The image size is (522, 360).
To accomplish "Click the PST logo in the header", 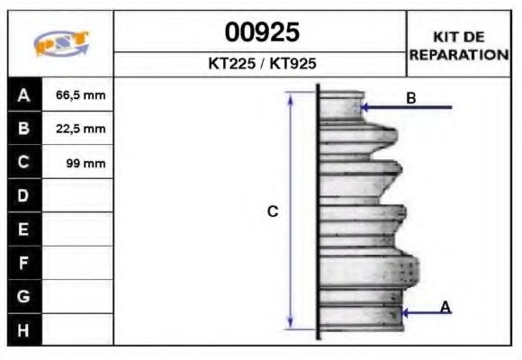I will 61,43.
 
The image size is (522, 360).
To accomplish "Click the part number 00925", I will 261,33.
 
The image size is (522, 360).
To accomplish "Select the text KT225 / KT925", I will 261,64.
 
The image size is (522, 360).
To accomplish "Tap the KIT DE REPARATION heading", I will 459,45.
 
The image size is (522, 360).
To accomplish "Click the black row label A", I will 24,94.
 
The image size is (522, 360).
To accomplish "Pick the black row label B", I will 24,129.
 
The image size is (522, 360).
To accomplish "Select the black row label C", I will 24,162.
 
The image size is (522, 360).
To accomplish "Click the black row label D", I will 24,195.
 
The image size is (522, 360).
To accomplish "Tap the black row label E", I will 24,229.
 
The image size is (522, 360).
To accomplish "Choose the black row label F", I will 24,263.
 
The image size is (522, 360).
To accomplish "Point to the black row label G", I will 24,296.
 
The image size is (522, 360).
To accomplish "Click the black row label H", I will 24,329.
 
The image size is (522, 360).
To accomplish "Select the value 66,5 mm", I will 81,94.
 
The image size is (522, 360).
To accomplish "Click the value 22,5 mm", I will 81,129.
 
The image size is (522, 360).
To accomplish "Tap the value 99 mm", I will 86,163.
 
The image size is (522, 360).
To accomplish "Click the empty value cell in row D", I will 78,195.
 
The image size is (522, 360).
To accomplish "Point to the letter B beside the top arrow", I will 410,98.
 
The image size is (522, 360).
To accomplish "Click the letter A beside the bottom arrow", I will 445,308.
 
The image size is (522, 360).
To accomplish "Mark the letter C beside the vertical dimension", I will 273,211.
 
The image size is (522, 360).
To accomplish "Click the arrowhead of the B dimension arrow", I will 365,107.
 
